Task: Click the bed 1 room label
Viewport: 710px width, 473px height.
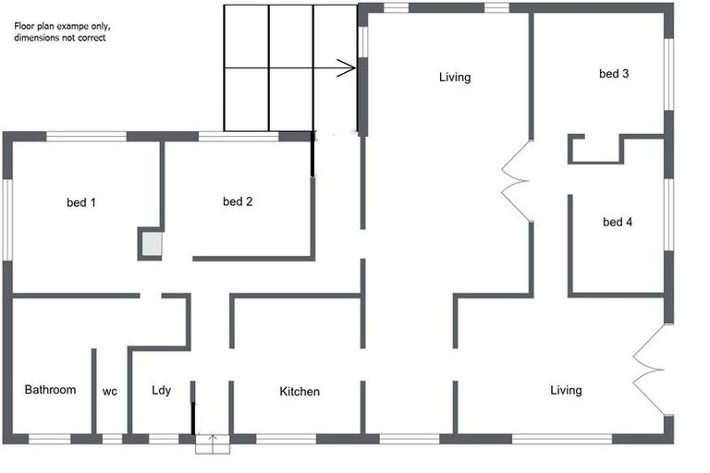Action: tap(81, 202)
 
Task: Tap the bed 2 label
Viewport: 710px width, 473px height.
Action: tap(238, 201)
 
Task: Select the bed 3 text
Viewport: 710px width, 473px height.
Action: tap(614, 74)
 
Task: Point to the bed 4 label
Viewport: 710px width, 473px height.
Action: tap(617, 222)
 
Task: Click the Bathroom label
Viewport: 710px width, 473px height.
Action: tap(50, 390)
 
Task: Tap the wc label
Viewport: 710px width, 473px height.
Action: tap(110, 391)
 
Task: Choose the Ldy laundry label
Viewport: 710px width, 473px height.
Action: tap(162, 391)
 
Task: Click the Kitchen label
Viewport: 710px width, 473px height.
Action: tap(300, 392)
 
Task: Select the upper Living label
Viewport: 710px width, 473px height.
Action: tap(455, 78)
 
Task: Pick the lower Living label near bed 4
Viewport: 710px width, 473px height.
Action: tap(566, 390)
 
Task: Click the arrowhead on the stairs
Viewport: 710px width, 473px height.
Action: tap(347, 67)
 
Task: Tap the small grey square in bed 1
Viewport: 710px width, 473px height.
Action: tap(151, 244)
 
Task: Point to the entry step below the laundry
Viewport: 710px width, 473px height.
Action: tap(212, 445)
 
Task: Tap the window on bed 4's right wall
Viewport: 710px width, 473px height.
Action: tap(668, 214)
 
